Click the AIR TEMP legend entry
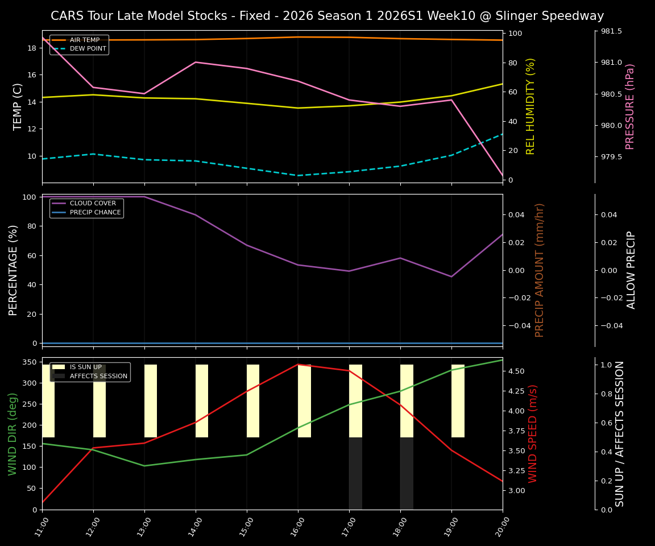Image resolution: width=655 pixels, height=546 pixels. tap(85, 40)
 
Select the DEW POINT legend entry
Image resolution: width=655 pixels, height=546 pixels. tap(88, 49)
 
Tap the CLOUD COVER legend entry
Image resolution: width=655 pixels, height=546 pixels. tap(93, 204)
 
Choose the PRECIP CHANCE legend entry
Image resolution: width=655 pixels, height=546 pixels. tap(95, 213)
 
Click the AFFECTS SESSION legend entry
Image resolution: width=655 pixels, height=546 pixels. tap(98, 376)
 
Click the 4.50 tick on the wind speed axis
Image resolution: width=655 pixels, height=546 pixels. tap(517, 371)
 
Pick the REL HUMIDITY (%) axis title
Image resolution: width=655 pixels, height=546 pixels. tap(531, 106)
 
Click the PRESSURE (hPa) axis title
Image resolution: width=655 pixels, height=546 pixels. tap(630, 106)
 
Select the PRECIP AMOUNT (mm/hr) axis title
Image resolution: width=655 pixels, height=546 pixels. tap(540, 270)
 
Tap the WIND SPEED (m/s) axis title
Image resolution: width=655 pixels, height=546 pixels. tap(533, 433)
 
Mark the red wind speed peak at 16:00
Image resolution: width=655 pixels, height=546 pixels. tap(298, 365)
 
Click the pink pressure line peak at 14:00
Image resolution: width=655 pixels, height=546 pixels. tap(196, 62)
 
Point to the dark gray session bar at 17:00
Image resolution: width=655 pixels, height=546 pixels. tap(355, 473)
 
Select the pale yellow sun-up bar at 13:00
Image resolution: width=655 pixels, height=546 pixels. tap(151, 401)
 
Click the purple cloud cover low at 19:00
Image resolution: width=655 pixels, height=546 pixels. tap(451, 277)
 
